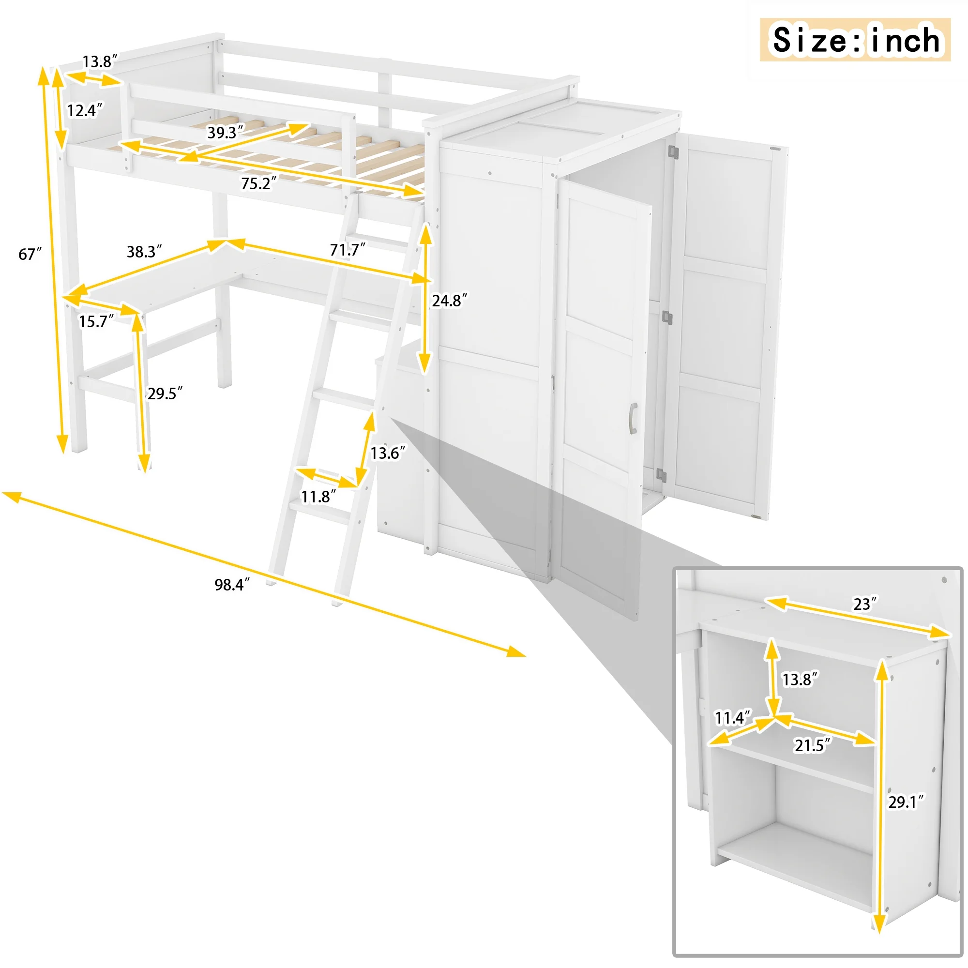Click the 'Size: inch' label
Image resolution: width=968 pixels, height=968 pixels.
tap(856, 40)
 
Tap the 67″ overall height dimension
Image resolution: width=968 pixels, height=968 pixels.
tap(30, 254)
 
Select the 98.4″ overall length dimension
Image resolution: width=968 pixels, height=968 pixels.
tap(232, 585)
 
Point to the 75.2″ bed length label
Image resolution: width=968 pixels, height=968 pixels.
tap(258, 184)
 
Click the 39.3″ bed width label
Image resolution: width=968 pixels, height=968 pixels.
tap(226, 132)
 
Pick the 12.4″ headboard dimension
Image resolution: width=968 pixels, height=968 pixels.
tap(85, 110)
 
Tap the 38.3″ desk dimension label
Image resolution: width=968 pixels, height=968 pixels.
tap(144, 252)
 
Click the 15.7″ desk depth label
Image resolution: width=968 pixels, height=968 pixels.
tap(97, 321)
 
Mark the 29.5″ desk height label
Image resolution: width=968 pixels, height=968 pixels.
tap(165, 393)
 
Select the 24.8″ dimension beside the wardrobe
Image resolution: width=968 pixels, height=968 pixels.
tap(450, 301)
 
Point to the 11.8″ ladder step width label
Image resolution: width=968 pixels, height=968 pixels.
tap(318, 497)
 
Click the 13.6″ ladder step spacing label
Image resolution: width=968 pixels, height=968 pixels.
tap(388, 453)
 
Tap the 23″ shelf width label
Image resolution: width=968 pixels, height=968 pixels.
tap(865, 604)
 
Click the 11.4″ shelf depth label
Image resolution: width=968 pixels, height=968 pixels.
tap(733, 717)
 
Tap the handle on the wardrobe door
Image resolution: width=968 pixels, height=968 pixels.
tap(633, 417)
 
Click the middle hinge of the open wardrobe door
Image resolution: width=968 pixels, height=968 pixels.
tap(667, 317)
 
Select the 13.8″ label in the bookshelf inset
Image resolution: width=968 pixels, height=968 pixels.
tap(800, 679)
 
